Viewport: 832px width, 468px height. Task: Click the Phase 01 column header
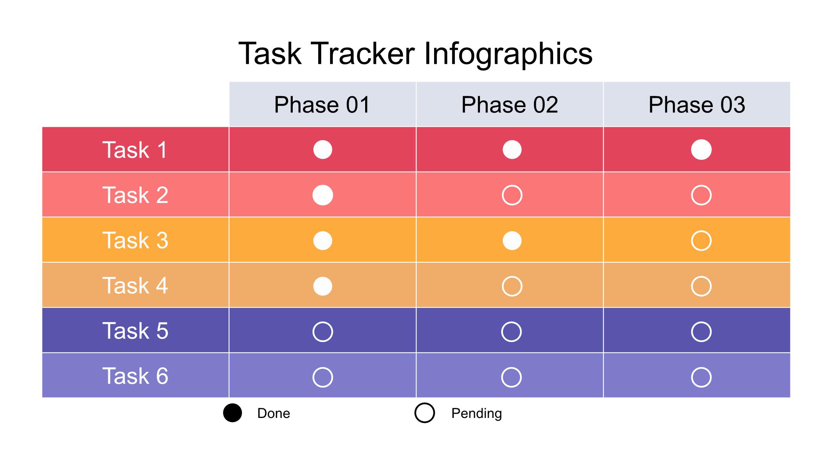[x=322, y=104]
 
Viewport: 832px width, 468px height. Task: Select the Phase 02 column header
[x=510, y=104]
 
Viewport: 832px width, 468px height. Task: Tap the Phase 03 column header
[x=697, y=104]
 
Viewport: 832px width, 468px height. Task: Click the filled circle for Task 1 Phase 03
[x=701, y=149]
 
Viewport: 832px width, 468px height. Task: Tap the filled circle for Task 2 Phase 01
[x=323, y=195]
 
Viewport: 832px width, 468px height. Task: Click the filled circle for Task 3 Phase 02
[x=512, y=241]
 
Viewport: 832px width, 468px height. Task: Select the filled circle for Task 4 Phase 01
[x=323, y=286]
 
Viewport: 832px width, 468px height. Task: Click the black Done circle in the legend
[x=233, y=413]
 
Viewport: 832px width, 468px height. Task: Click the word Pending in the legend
[x=476, y=413]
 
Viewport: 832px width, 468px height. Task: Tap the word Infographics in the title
[x=508, y=54]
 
